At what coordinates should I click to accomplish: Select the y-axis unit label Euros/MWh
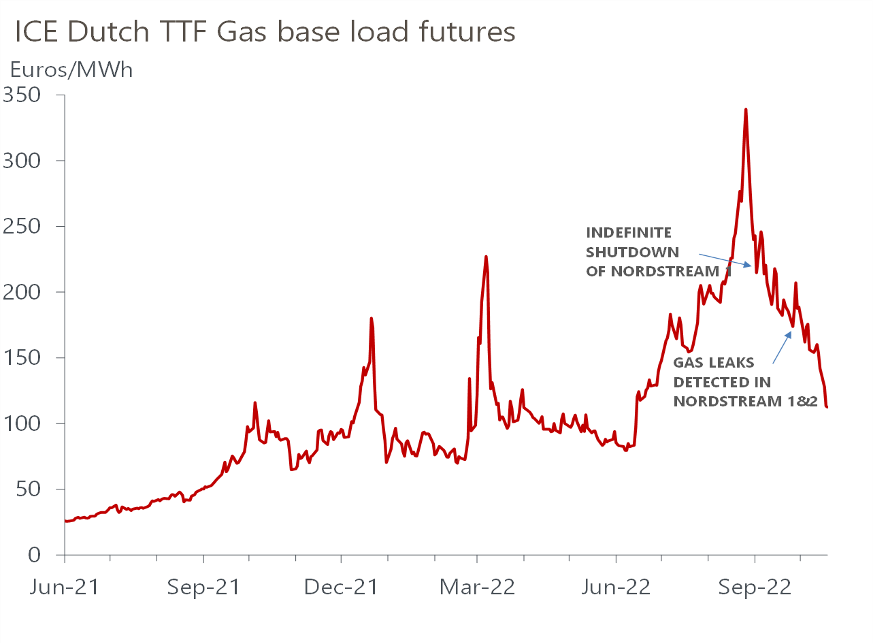click(71, 69)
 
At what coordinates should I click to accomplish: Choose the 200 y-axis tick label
click(22, 292)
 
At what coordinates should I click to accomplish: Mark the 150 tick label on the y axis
click(22, 357)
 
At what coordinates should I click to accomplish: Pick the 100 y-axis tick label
click(22, 423)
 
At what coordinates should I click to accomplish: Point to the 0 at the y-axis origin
click(35, 555)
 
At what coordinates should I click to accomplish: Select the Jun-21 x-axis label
click(64, 587)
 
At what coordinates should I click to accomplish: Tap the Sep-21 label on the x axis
click(203, 587)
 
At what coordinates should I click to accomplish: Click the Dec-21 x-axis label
click(341, 587)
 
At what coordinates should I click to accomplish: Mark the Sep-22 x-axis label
click(755, 587)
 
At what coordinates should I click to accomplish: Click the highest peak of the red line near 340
click(746, 110)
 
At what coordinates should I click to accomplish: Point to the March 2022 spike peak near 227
click(486, 257)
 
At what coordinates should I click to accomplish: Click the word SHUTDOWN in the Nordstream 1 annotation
click(632, 253)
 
